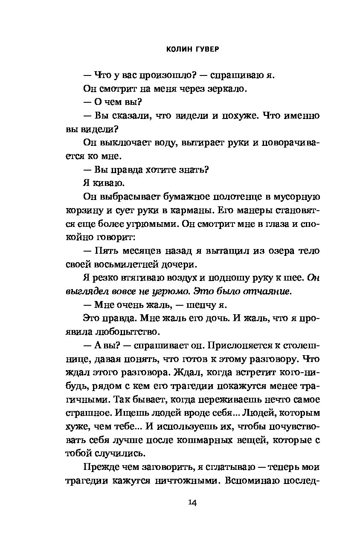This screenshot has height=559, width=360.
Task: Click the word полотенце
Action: tap(233, 197)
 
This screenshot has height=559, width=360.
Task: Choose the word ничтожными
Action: tap(180, 481)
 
